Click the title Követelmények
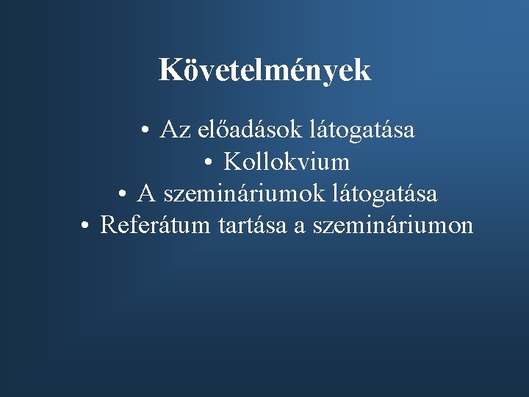(265, 71)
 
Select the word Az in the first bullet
(173, 130)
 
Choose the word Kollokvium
(287, 161)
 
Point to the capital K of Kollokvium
(231, 161)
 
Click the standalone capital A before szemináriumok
(146, 193)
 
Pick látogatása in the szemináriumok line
(385, 193)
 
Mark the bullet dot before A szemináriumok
(124, 194)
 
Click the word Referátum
(156, 225)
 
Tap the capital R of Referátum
(108, 225)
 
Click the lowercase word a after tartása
(299, 226)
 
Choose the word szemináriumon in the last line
(392, 225)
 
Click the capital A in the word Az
(168, 130)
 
